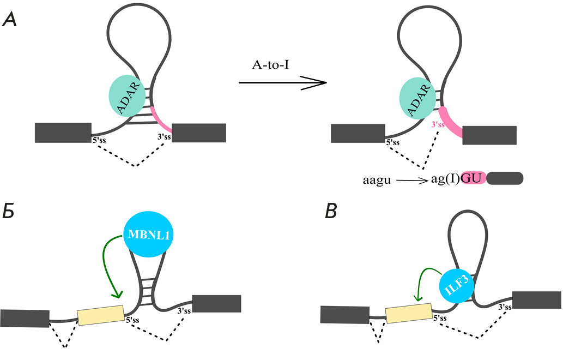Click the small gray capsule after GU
tap(505, 178)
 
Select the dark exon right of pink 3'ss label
tap(489, 135)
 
